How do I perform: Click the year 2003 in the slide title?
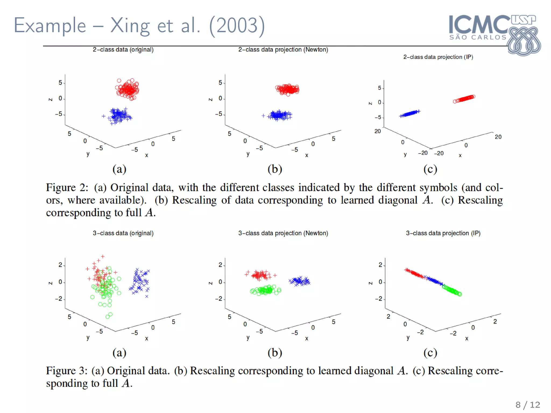coord(237,26)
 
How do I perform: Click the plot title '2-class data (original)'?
coord(123,50)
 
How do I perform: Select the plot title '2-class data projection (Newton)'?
coord(283,50)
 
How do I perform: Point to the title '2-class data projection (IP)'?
coord(438,57)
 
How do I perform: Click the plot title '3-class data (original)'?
coord(123,233)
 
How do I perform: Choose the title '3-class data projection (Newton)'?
coord(283,233)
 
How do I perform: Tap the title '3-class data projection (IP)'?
coord(443,233)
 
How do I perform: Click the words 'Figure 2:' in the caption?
coord(67,188)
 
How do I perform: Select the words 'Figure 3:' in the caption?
coord(67,371)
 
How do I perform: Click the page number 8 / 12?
coord(528,405)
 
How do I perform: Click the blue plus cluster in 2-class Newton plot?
coord(280,115)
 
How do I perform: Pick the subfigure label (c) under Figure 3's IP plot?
coord(430,353)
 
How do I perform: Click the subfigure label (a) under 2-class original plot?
coord(119,169)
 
